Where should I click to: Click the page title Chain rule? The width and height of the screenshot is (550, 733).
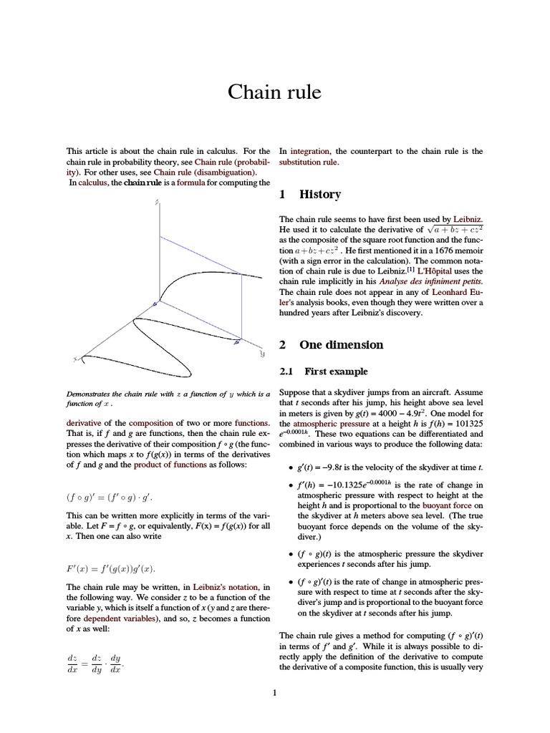[x=274, y=92]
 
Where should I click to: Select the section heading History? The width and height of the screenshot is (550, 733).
[x=319, y=195]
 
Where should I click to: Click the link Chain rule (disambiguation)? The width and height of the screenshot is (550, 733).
[x=204, y=173]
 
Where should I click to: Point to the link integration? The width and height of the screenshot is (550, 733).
[x=309, y=151]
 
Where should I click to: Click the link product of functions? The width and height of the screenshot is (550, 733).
[x=157, y=465]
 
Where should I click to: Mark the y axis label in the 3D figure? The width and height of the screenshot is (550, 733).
[x=262, y=354]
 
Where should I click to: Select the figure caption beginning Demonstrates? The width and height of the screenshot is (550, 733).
[x=168, y=398]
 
